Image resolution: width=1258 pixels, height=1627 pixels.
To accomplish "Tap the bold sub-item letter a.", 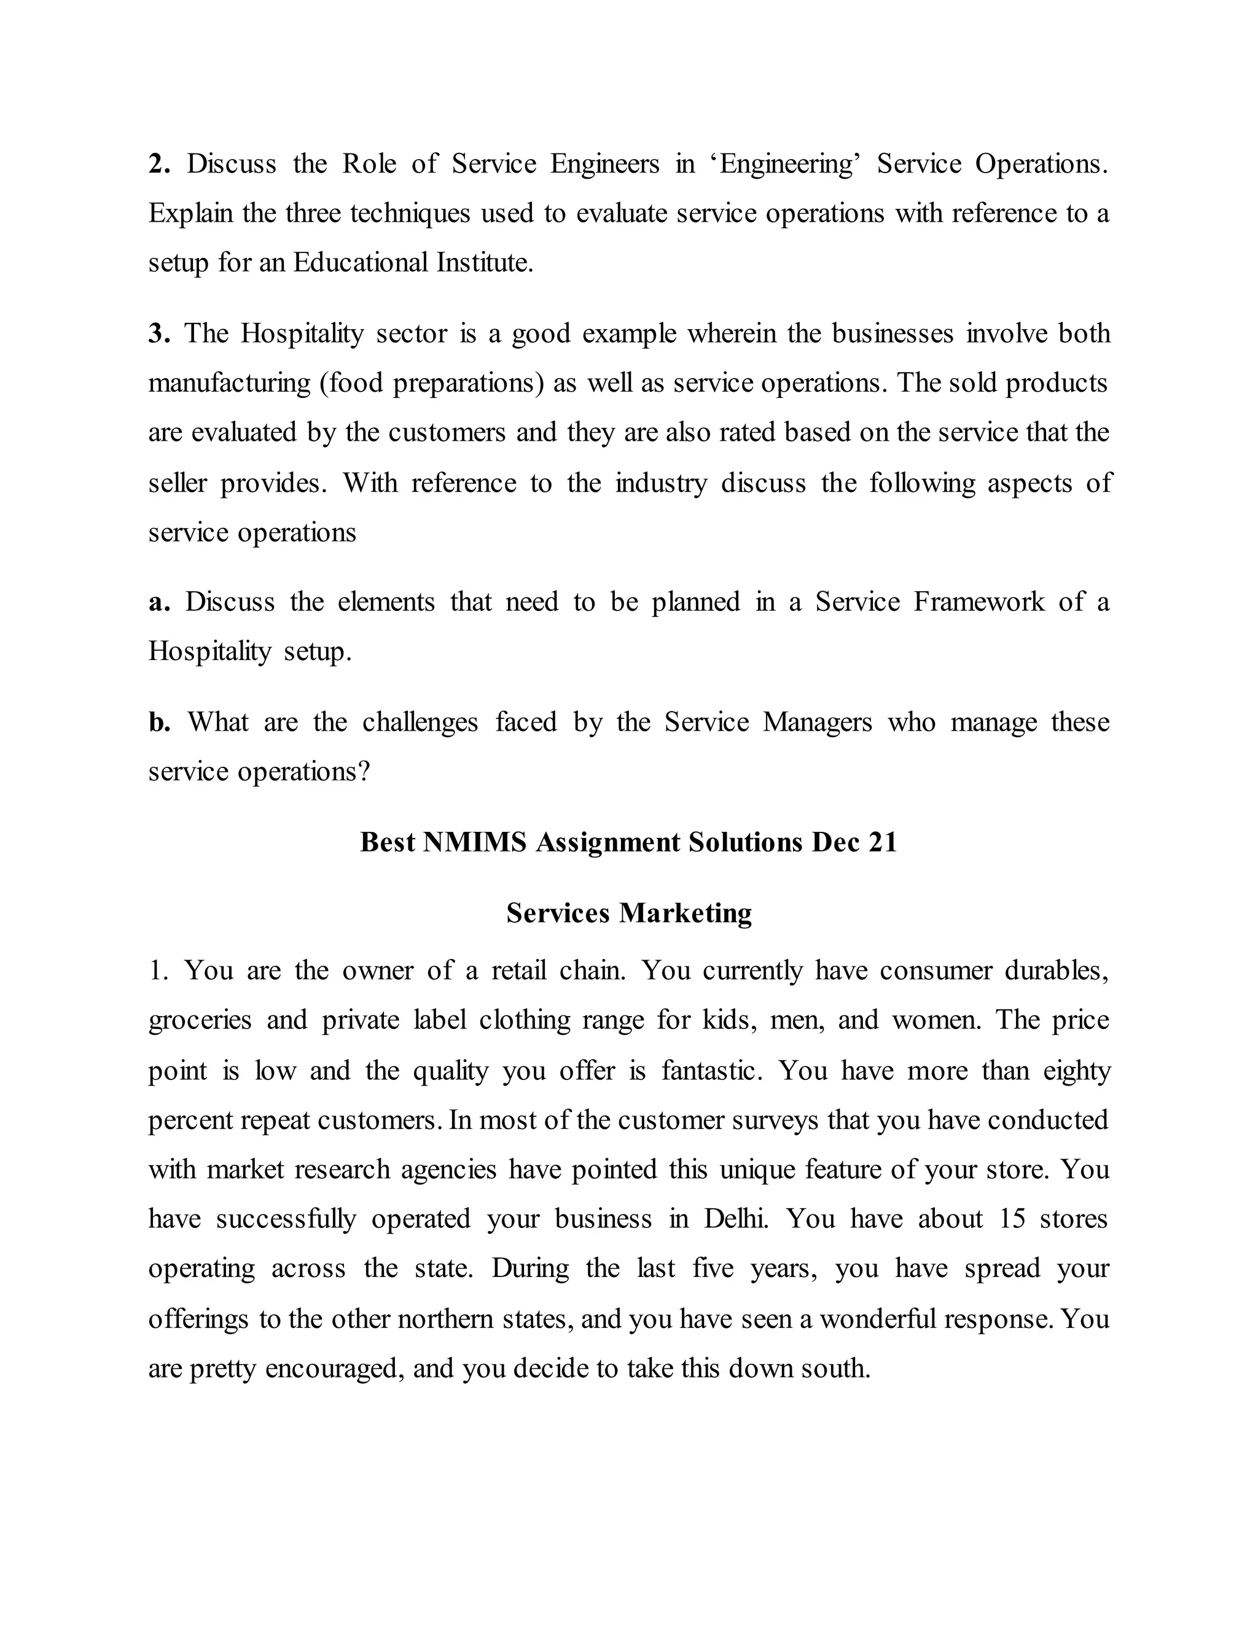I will (x=158, y=603).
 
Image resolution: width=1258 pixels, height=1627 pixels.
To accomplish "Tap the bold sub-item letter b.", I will (x=158, y=723).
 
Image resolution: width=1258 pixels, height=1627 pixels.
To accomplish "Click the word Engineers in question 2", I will (x=604, y=164).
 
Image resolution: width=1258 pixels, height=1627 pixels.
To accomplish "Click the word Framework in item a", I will (x=979, y=603).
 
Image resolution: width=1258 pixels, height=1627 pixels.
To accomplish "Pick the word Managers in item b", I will (x=816, y=723).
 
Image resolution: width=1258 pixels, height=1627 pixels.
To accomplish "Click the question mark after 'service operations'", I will (x=364, y=772).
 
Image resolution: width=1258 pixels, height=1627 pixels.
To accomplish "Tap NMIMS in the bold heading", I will (x=474, y=842).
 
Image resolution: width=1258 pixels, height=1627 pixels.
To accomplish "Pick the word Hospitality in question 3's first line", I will (x=302, y=334).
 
